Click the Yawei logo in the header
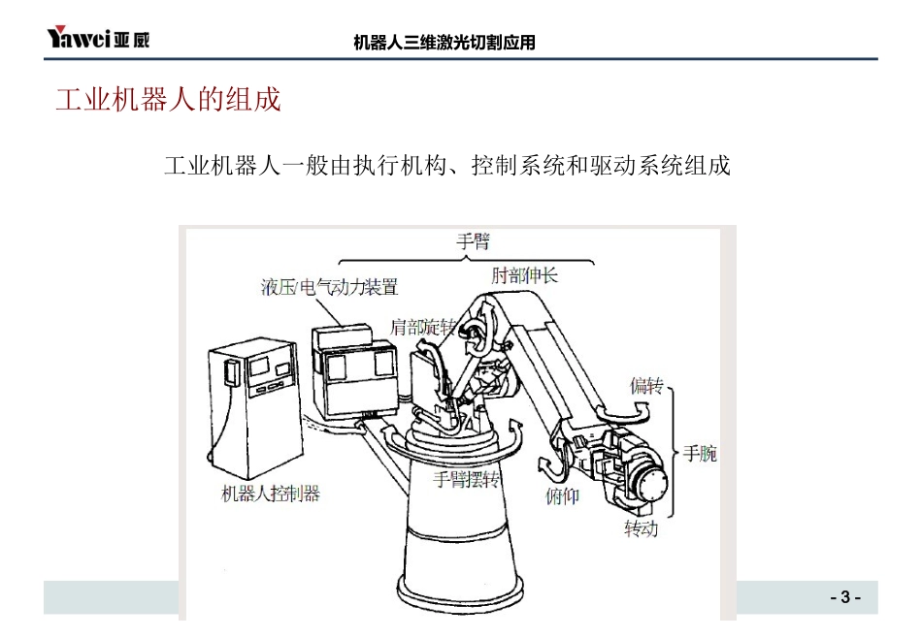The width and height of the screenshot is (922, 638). (x=98, y=37)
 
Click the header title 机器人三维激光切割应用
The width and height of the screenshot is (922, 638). (x=445, y=43)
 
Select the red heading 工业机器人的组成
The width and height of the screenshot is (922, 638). (x=168, y=99)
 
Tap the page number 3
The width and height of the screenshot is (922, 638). (x=845, y=597)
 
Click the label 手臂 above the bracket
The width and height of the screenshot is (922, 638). (x=474, y=240)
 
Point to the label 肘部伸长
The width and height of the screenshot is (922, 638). (x=524, y=275)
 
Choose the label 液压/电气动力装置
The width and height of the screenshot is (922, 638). (x=329, y=287)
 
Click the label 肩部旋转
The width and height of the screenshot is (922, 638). (x=423, y=327)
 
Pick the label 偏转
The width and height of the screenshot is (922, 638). (x=646, y=385)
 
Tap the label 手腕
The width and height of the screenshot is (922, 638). (x=700, y=453)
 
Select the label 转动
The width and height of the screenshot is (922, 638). (x=641, y=528)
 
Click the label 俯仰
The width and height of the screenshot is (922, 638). (x=562, y=496)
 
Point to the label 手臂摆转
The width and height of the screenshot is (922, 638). (x=466, y=479)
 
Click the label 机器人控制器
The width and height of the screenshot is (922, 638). (x=271, y=493)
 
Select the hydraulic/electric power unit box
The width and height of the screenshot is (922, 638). (x=354, y=372)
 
